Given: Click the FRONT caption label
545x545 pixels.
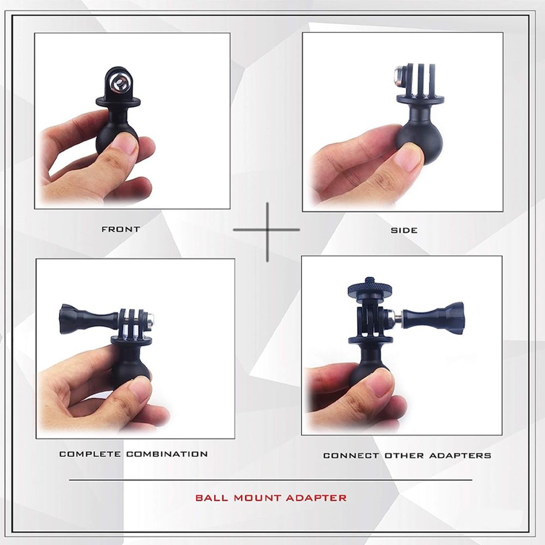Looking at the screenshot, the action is pyautogui.click(x=121, y=229).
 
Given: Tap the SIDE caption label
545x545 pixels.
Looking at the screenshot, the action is pyautogui.click(x=404, y=230).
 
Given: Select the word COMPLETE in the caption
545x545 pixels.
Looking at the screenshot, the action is pyautogui.click(x=90, y=454).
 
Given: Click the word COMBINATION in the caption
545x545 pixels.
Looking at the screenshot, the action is pyautogui.click(x=167, y=454).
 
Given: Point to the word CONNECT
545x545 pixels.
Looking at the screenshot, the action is pyautogui.click(x=351, y=455).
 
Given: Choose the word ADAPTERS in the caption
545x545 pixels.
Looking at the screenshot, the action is pyautogui.click(x=460, y=455).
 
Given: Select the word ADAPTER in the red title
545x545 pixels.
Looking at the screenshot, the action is pyautogui.click(x=316, y=498).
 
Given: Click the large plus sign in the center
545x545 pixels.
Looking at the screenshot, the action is pyautogui.click(x=267, y=230).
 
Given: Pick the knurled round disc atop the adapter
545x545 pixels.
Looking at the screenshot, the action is pyautogui.click(x=367, y=288).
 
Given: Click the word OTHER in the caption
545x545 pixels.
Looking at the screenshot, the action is pyautogui.click(x=404, y=455).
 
